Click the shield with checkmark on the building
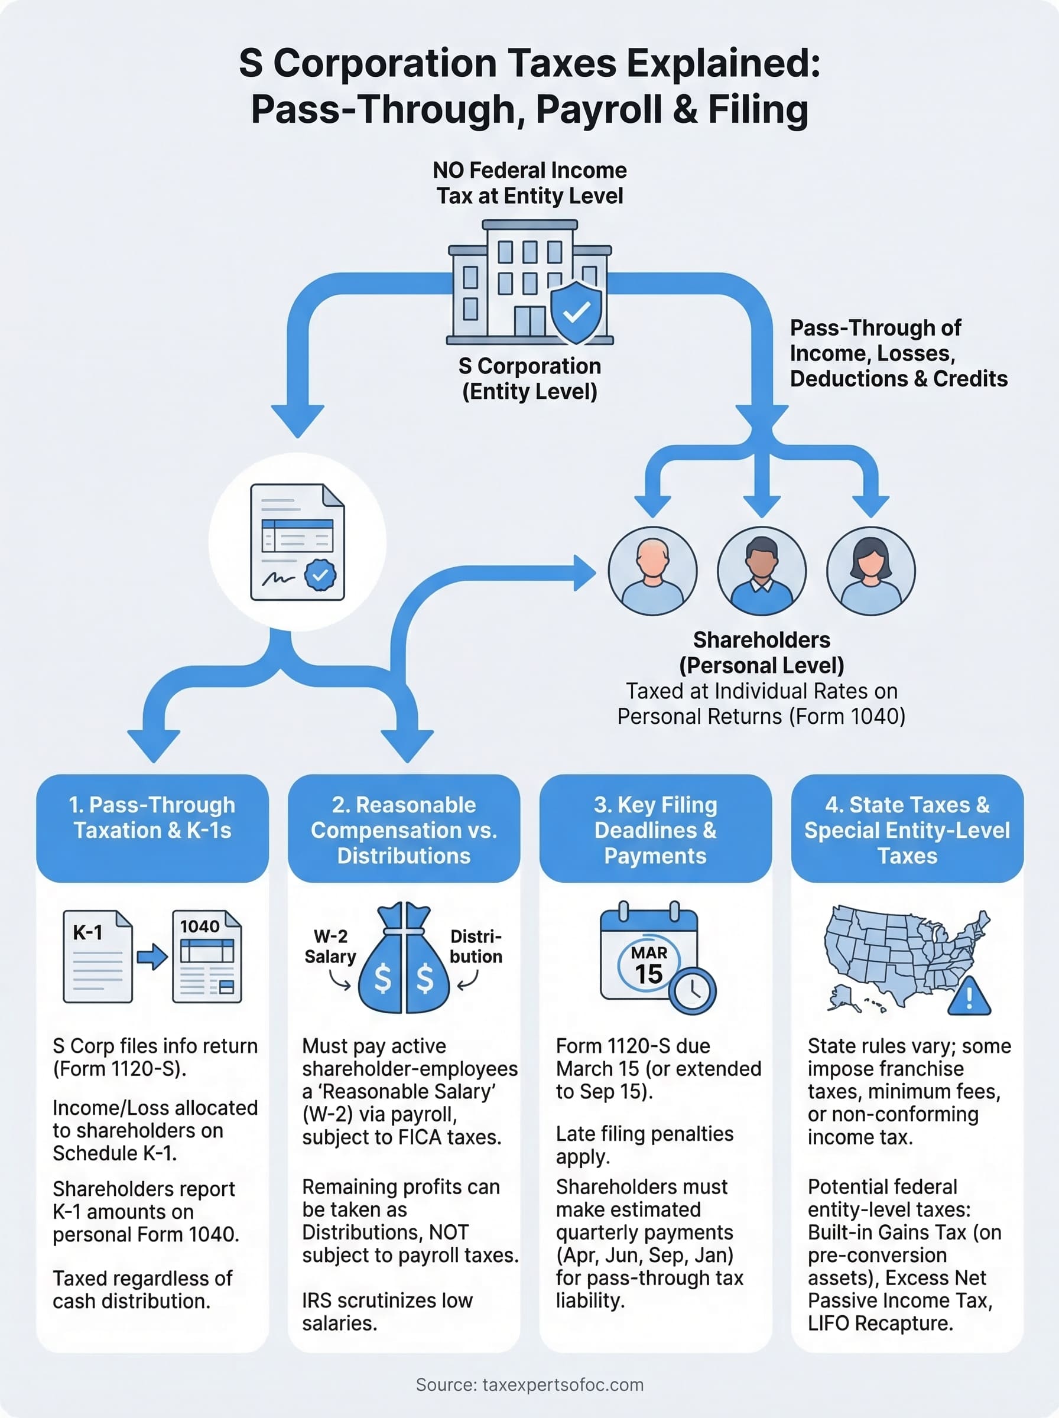pyautogui.click(x=576, y=312)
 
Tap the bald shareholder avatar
pyautogui.click(x=652, y=571)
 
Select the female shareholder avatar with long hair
pyautogui.click(x=870, y=571)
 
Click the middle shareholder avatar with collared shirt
pyautogui.click(x=762, y=571)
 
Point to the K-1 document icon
pyautogui.click(x=98, y=956)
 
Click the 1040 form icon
pyautogui.click(x=207, y=956)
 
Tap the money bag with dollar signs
pyautogui.click(x=403, y=961)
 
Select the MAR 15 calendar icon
pyautogui.click(x=648, y=955)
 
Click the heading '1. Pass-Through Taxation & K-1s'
pyautogui.click(x=152, y=818)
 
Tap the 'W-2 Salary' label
pyautogui.click(x=330, y=947)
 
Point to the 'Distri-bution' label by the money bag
pyautogui.click(x=476, y=947)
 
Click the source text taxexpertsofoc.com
pyautogui.click(x=529, y=1385)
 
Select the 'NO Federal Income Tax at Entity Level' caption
pyautogui.click(x=529, y=183)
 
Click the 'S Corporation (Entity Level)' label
pyautogui.click(x=529, y=378)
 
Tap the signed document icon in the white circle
pyautogui.click(x=297, y=542)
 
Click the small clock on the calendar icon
pyautogui.click(x=693, y=991)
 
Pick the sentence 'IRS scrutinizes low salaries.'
pyautogui.click(x=387, y=1311)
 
